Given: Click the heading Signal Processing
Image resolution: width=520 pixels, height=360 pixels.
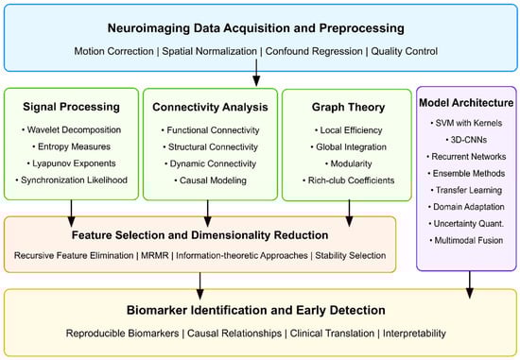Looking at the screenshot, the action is click(71, 107).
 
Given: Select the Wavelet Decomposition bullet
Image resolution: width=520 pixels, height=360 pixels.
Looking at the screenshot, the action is click(71, 130).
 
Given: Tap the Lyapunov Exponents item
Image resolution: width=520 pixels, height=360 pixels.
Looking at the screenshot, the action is click(71, 163).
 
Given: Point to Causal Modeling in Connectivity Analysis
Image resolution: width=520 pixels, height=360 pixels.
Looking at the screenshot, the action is click(210, 180).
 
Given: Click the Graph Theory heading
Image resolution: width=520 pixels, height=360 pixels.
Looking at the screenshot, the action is click(348, 107).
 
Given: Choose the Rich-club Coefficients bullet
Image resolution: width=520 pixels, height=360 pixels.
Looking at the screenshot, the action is click(349, 180).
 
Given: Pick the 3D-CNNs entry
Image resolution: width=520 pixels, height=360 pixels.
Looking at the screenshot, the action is click(467, 140).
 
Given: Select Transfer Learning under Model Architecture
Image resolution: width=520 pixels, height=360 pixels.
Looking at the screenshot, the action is click(466, 190).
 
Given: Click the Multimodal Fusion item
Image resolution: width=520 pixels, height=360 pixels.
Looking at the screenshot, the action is click(466, 240).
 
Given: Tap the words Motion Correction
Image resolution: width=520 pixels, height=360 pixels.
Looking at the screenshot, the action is click(113, 51).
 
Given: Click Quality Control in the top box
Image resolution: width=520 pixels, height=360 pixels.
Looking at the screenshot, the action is click(405, 51).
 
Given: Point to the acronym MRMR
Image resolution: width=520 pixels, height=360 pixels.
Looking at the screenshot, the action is click(155, 255).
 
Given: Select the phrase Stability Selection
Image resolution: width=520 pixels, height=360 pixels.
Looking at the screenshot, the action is click(351, 255).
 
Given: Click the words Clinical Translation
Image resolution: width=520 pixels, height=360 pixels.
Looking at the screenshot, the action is click(332, 334).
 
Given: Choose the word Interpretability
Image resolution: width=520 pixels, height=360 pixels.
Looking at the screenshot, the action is click(414, 334).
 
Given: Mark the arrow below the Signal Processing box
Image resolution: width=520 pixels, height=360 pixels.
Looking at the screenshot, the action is click(71, 214).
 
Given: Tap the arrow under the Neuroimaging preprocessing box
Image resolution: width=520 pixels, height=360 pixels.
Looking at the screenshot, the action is click(256, 73).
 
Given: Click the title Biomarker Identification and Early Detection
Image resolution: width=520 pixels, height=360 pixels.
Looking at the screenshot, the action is click(256, 310).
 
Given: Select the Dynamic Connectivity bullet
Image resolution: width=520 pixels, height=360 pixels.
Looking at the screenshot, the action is click(210, 163).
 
